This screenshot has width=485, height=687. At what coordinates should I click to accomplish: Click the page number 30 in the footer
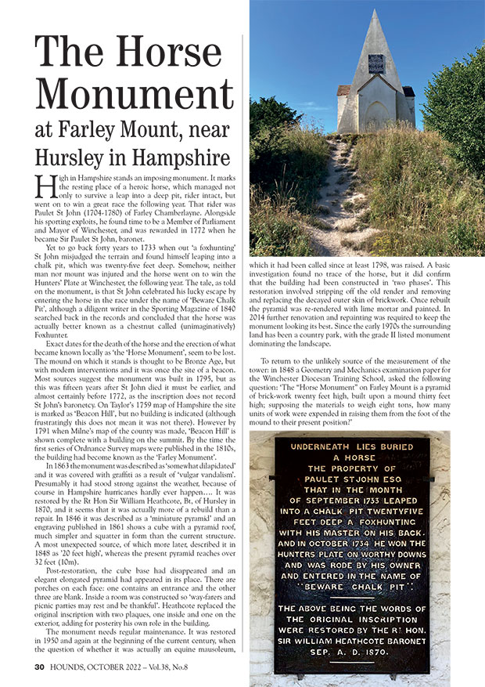tap(40, 667)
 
